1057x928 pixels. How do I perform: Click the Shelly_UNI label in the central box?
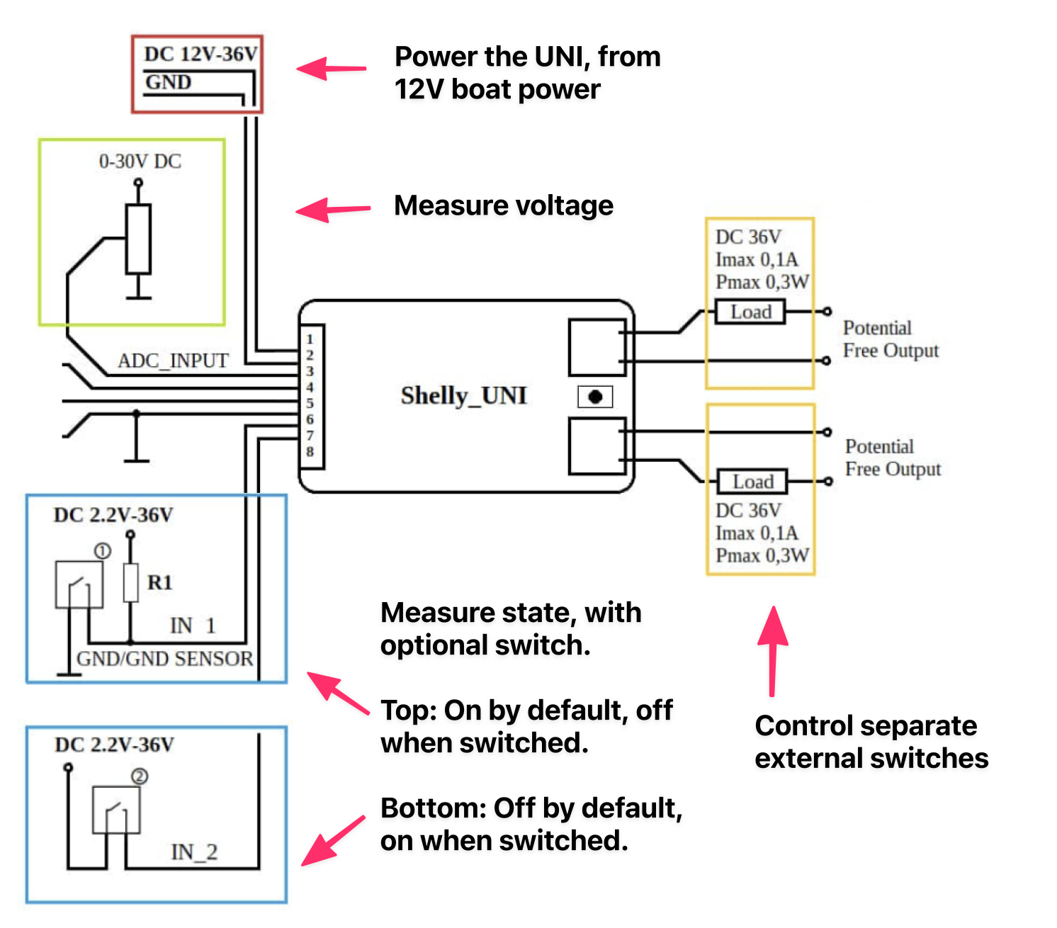(463, 395)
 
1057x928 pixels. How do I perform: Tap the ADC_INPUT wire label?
(173, 361)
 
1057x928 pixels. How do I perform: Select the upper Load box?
(750, 312)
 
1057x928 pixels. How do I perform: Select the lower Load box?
(752, 482)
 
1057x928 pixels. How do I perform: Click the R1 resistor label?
(159, 582)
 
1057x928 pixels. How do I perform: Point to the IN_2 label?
(194, 851)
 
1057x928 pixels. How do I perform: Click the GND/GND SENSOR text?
(164, 659)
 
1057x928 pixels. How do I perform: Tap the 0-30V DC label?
(140, 162)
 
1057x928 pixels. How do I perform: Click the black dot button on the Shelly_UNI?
(595, 397)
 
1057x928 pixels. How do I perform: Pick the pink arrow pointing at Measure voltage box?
(332, 210)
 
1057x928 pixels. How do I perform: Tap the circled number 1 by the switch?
(103, 551)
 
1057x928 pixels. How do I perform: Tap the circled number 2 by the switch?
(140, 776)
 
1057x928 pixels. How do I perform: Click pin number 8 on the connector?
(310, 452)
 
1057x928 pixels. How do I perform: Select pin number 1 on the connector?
(310, 339)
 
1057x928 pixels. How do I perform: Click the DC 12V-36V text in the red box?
(200, 55)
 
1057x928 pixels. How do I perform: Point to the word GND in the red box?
(168, 82)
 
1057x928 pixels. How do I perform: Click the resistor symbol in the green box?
(138, 239)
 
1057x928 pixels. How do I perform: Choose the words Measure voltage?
(503, 205)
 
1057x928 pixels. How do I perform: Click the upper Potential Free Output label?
(890, 339)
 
